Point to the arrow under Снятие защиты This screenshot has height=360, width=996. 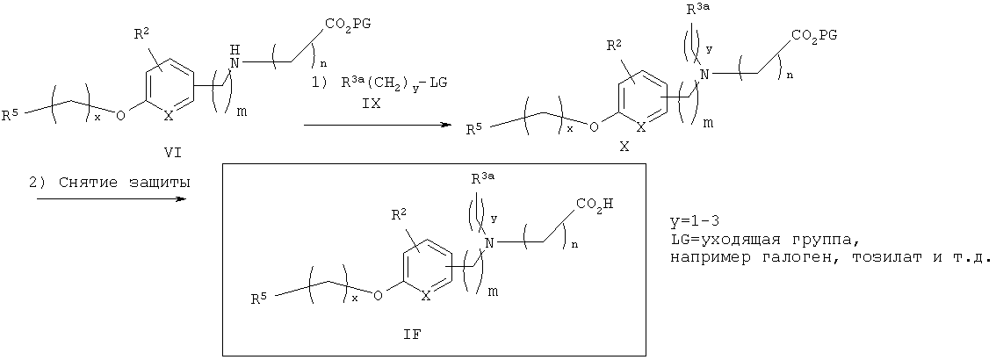[112, 198]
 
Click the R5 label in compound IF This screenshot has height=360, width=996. [258, 299]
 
